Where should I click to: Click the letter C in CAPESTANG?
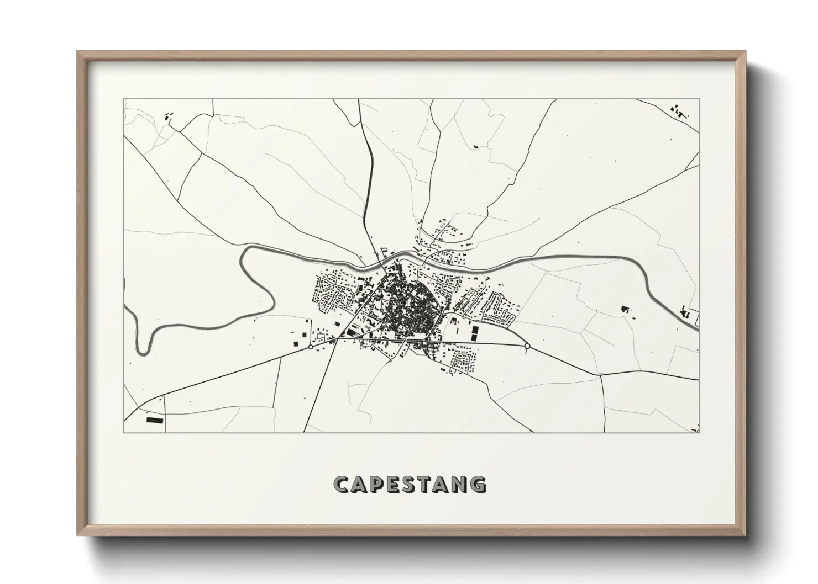tap(342, 484)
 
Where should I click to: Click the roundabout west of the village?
tap(311, 347)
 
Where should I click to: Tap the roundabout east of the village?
tap(527, 346)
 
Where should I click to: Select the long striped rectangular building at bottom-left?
tap(155, 420)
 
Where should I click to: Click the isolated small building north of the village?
tap(475, 147)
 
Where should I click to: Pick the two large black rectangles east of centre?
tap(474, 332)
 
